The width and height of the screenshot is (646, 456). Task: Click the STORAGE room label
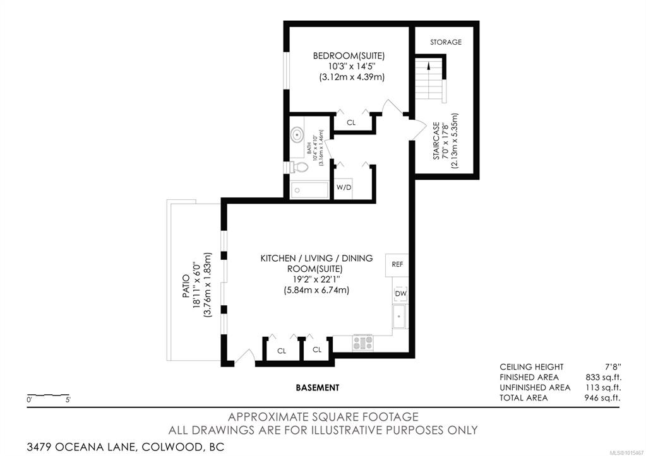pyautogui.click(x=446, y=42)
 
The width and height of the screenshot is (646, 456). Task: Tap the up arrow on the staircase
pyautogui.click(x=429, y=66)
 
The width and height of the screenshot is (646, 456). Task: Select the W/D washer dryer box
pyautogui.click(x=344, y=188)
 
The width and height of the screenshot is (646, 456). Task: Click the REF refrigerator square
pyautogui.click(x=397, y=265)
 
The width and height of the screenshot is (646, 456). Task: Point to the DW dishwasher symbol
pyautogui.click(x=400, y=293)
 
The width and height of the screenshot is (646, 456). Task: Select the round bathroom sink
pyautogui.click(x=297, y=134)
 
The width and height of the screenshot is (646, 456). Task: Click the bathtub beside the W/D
pyautogui.click(x=309, y=190)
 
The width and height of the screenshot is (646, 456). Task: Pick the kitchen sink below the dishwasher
pyautogui.click(x=399, y=317)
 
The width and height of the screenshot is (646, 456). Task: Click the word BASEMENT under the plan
pyautogui.click(x=318, y=388)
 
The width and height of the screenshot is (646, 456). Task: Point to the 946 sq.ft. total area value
pyautogui.click(x=602, y=398)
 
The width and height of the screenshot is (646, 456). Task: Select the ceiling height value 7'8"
pyautogui.click(x=613, y=366)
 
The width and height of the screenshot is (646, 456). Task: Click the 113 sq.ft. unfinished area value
pyautogui.click(x=603, y=388)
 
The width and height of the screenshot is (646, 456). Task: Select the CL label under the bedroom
pyautogui.click(x=351, y=122)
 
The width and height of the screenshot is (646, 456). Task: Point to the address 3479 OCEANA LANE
pyautogui.click(x=81, y=447)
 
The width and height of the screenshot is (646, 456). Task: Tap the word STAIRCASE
pyautogui.click(x=436, y=141)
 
